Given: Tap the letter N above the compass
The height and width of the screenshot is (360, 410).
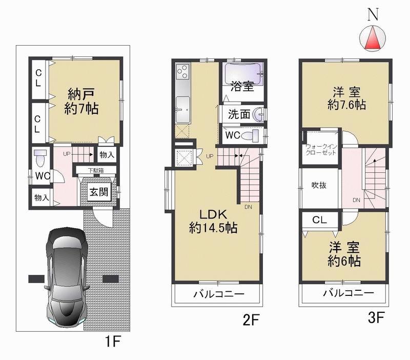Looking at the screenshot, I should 374,14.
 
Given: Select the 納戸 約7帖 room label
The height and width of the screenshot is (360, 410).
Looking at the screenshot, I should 83,102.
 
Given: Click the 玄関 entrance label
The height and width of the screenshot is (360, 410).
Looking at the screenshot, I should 97,193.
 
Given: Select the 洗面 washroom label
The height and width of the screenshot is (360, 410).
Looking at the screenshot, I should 239,114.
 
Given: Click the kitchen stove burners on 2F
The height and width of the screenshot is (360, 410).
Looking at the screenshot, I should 182,72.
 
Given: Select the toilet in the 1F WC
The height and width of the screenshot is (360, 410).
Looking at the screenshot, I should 41,159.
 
